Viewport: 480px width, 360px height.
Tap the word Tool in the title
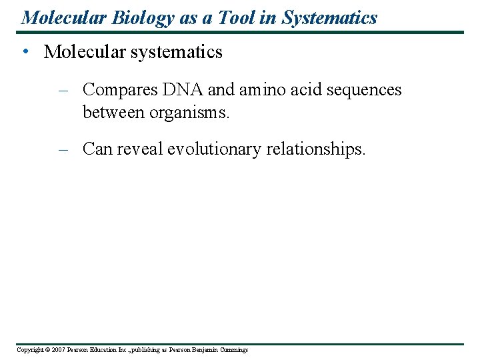235,17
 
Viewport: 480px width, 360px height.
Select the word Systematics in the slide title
329,17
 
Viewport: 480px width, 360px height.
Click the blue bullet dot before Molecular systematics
25,52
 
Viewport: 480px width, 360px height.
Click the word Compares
119,90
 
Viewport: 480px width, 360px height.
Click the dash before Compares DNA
64,90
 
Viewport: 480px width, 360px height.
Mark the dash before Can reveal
64,149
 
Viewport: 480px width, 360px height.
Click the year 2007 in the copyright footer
57,350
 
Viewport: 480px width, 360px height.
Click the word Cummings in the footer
232,350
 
